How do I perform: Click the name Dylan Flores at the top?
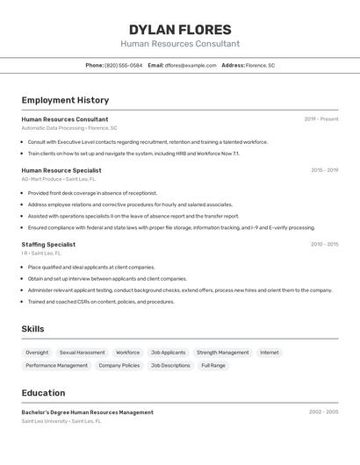tap(180, 29)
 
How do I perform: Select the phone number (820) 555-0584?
tap(124, 65)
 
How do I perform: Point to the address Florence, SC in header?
tap(260, 65)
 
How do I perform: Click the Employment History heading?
tap(65, 100)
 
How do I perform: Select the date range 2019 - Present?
tap(321, 119)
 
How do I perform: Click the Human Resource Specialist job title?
tap(61, 170)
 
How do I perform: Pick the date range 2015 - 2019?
tap(324, 170)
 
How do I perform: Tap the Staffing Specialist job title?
tap(48, 245)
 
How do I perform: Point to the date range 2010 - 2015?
tap(324, 245)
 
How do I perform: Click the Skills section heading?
tap(32, 329)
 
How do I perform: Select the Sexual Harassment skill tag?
tap(82, 353)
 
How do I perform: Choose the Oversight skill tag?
tap(37, 353)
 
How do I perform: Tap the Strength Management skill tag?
tap(222, 353)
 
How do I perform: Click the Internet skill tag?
tap(269, 353)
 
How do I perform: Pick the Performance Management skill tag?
tap(56, 365)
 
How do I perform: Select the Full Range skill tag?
tap(213, 365)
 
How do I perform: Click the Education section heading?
tap(44, 393)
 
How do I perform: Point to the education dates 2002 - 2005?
tap(324, 411)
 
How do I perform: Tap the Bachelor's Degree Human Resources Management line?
tap(88, 412)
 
